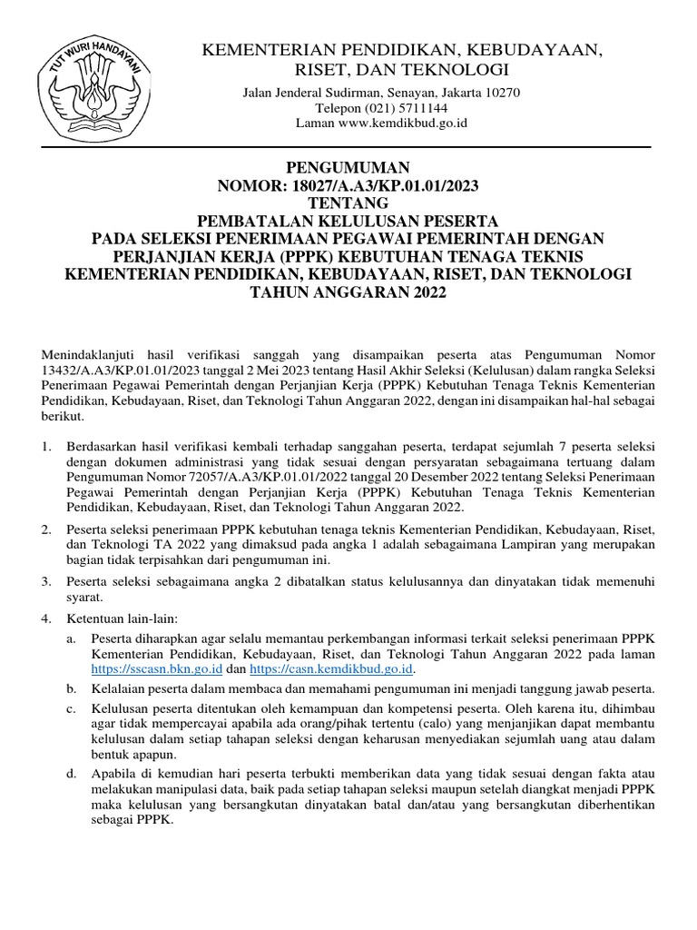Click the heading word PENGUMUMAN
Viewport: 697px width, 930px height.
click(x=348, y=168)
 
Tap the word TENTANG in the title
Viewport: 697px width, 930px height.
click(x=348, y=203)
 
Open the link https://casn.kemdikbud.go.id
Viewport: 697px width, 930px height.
click(x=331, y=669)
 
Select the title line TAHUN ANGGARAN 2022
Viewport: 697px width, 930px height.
click(x=348, y=293)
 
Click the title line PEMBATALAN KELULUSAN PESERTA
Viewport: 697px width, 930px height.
click(x=348, y=222)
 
